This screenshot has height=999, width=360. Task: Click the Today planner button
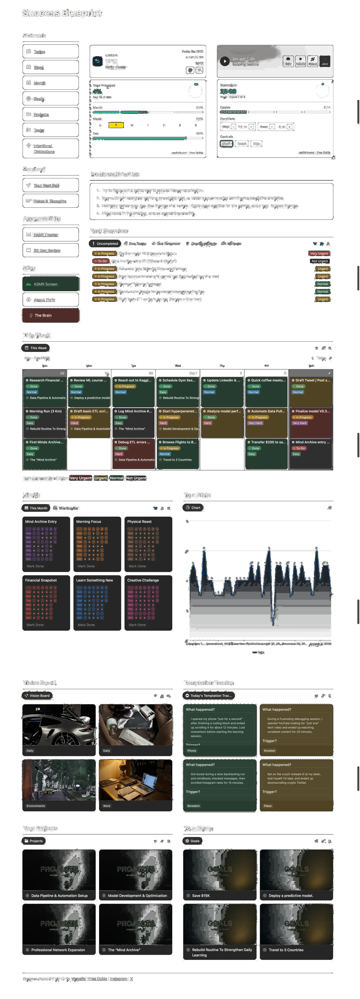point(50,52)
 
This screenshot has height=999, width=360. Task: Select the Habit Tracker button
point(50,235)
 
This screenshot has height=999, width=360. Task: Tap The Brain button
point(50,315)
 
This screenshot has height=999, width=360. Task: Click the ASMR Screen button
point(50,284)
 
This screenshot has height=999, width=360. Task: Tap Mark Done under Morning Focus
point(86,566)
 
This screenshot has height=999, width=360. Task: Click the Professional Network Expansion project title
point(58,950)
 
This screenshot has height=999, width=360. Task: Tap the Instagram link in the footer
point(119,979)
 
